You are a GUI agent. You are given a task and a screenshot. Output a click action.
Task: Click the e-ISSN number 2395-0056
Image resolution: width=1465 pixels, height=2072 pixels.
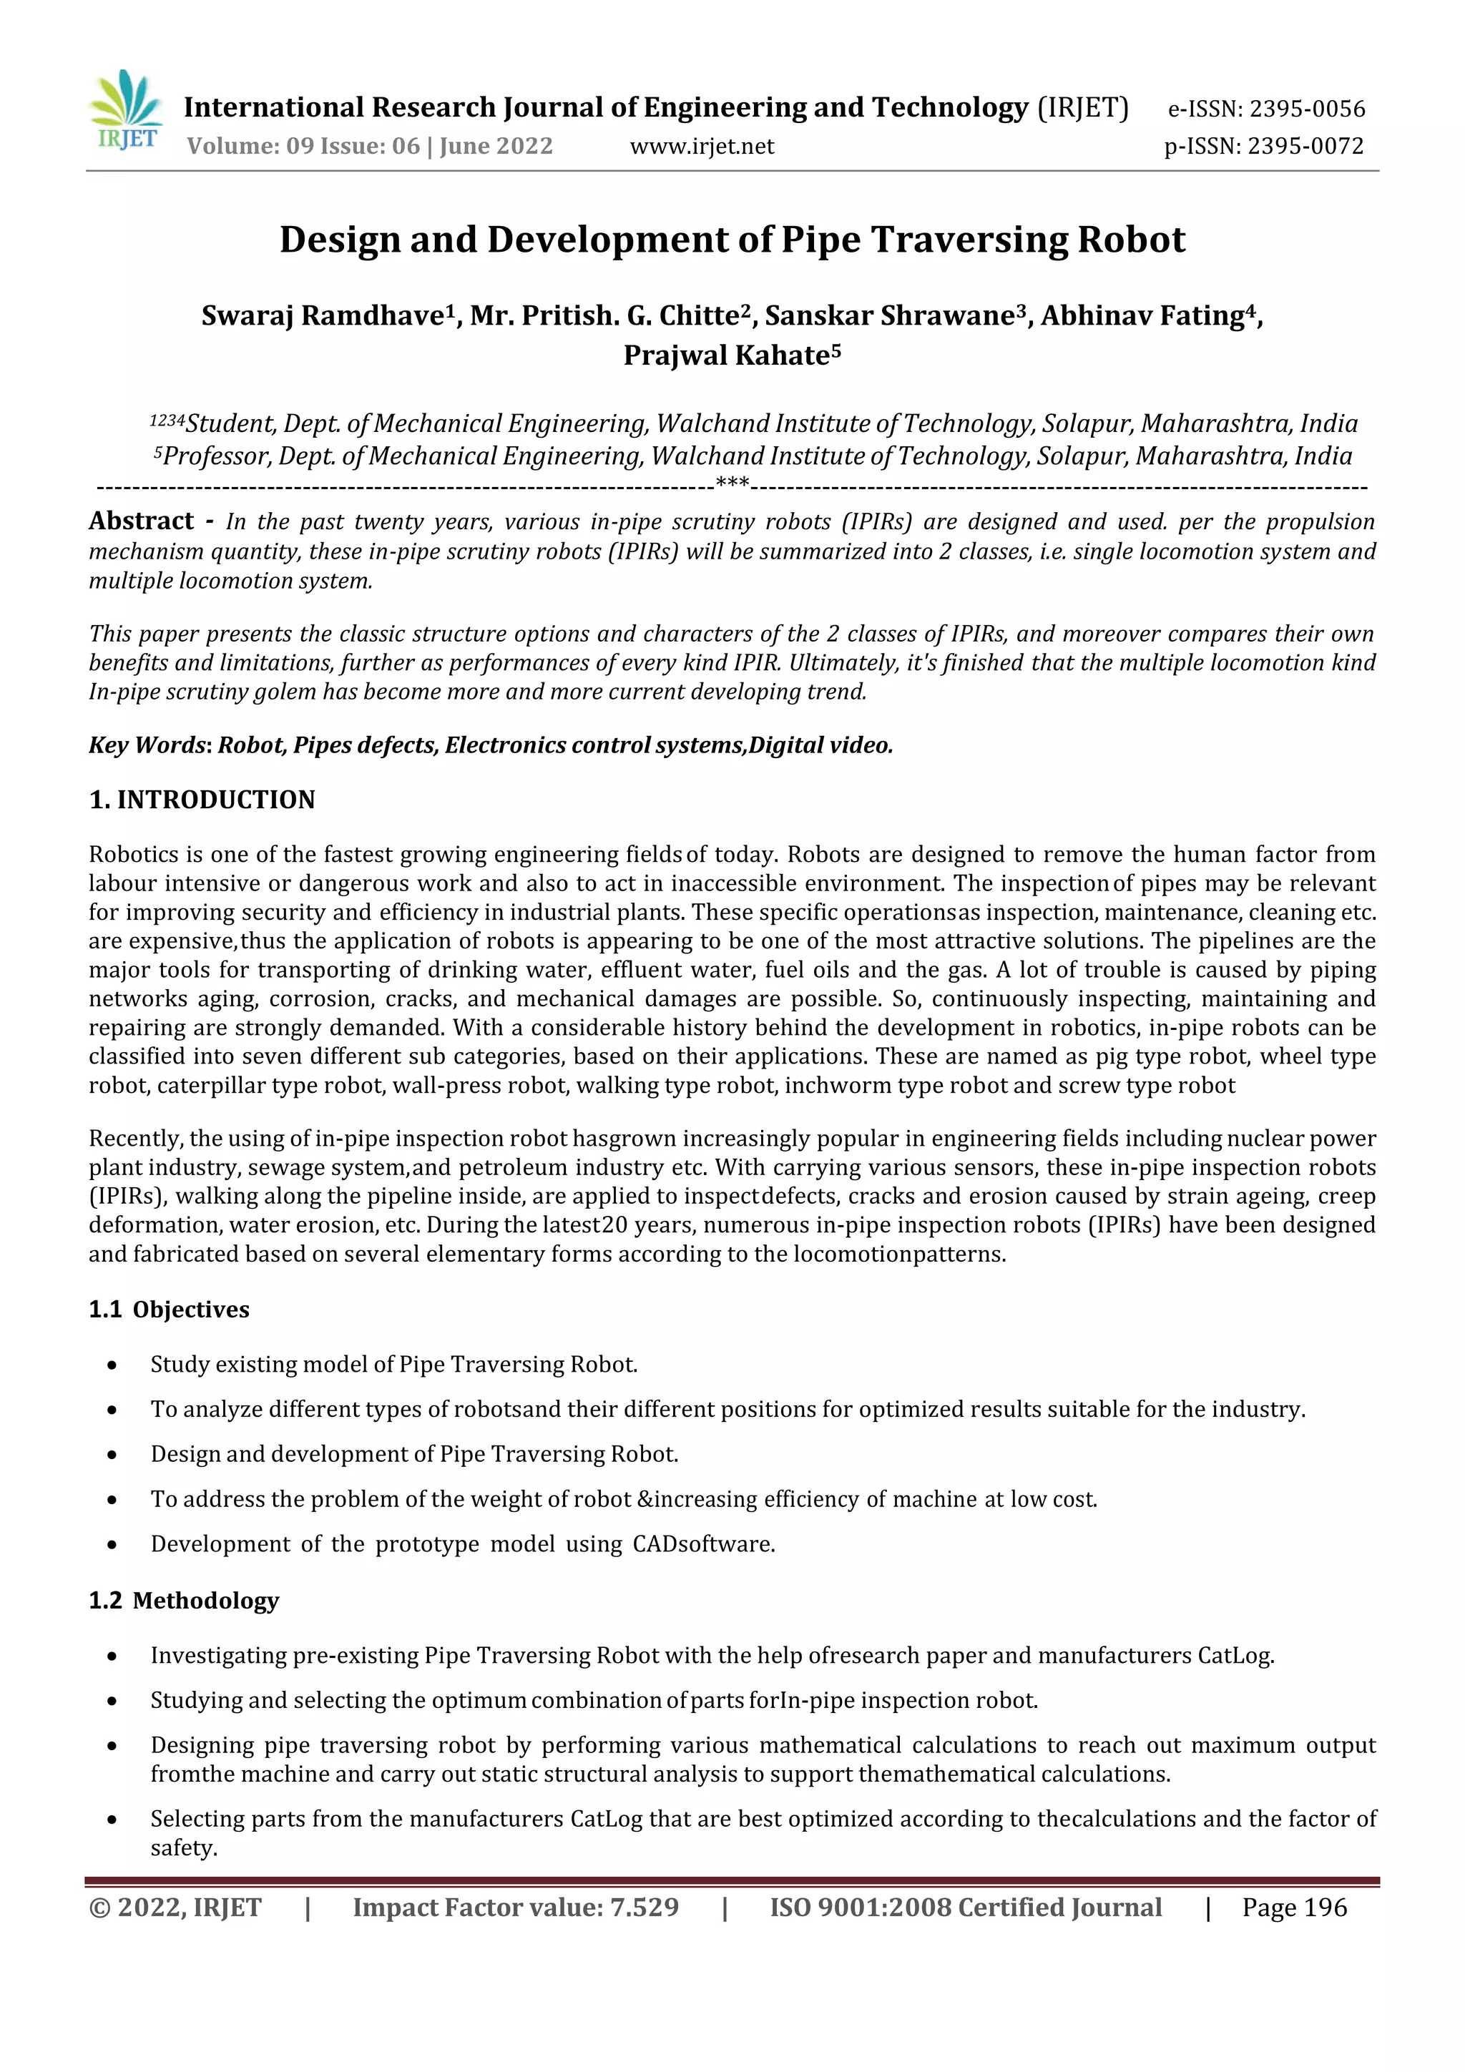[x=1306, y=109]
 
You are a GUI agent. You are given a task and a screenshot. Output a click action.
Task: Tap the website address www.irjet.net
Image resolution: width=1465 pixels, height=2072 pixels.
[x=701, y=146]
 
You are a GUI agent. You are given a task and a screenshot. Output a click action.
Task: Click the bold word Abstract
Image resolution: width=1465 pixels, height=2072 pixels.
[x=141, y=521]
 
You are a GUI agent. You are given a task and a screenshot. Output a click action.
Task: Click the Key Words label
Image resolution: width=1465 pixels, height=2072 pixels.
[x=147, y=745]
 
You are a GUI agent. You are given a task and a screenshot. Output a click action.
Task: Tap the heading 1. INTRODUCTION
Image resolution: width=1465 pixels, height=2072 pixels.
[x=202, y=800]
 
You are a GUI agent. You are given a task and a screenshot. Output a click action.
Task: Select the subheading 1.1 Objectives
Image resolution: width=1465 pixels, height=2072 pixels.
[x=169, y=1310]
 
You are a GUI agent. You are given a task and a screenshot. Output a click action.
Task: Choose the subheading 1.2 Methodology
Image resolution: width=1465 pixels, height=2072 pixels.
[x=183, y=1600]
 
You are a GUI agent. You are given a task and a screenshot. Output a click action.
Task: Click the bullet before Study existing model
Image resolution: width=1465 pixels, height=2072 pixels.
[x=112, y=1365]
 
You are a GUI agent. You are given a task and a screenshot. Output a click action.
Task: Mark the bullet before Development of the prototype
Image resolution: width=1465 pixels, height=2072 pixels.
[x=112, y=1545]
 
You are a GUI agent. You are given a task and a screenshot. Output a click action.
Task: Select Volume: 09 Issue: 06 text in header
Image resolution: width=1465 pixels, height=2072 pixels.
[x=303, y=146]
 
